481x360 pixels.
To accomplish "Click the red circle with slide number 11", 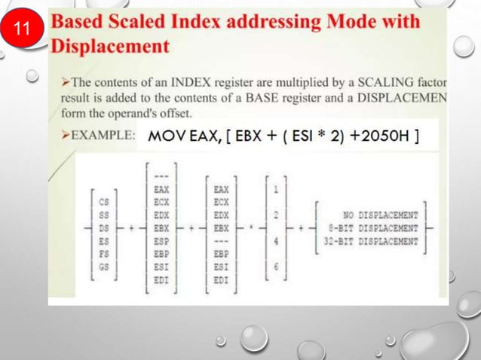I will click(23, 31).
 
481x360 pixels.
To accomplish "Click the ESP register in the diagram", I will click(161, 241).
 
